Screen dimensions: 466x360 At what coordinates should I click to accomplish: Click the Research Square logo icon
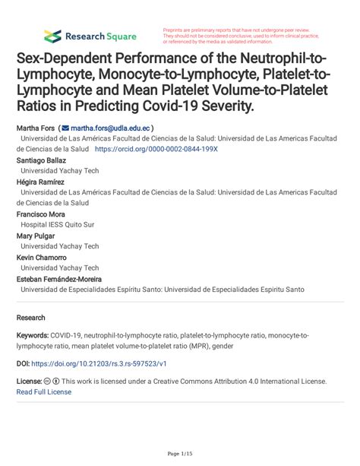52,36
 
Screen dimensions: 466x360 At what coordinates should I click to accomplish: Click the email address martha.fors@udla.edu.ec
111,129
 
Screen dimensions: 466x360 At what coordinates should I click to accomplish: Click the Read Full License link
43,392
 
